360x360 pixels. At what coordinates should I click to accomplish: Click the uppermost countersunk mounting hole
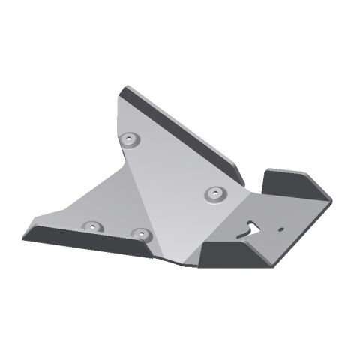132,139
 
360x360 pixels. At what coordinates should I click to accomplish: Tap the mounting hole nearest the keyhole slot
216,194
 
